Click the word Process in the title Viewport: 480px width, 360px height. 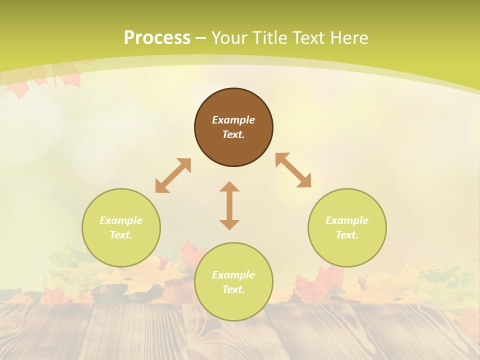tap(157, 38)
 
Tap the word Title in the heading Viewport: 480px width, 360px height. tap(269, 38)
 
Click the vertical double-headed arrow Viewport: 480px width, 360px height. tap(229, 205)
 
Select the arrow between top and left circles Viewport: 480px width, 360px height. tap(173, 175)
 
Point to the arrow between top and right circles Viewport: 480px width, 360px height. tap(293, 170)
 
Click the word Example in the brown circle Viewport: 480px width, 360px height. tap(233, 120)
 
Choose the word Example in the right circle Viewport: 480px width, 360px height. tap(347, 220)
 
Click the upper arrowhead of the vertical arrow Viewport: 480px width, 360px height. tap(229, 187)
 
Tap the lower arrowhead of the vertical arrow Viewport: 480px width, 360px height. tap(229, 224)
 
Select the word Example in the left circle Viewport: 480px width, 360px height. tap(121, 220)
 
